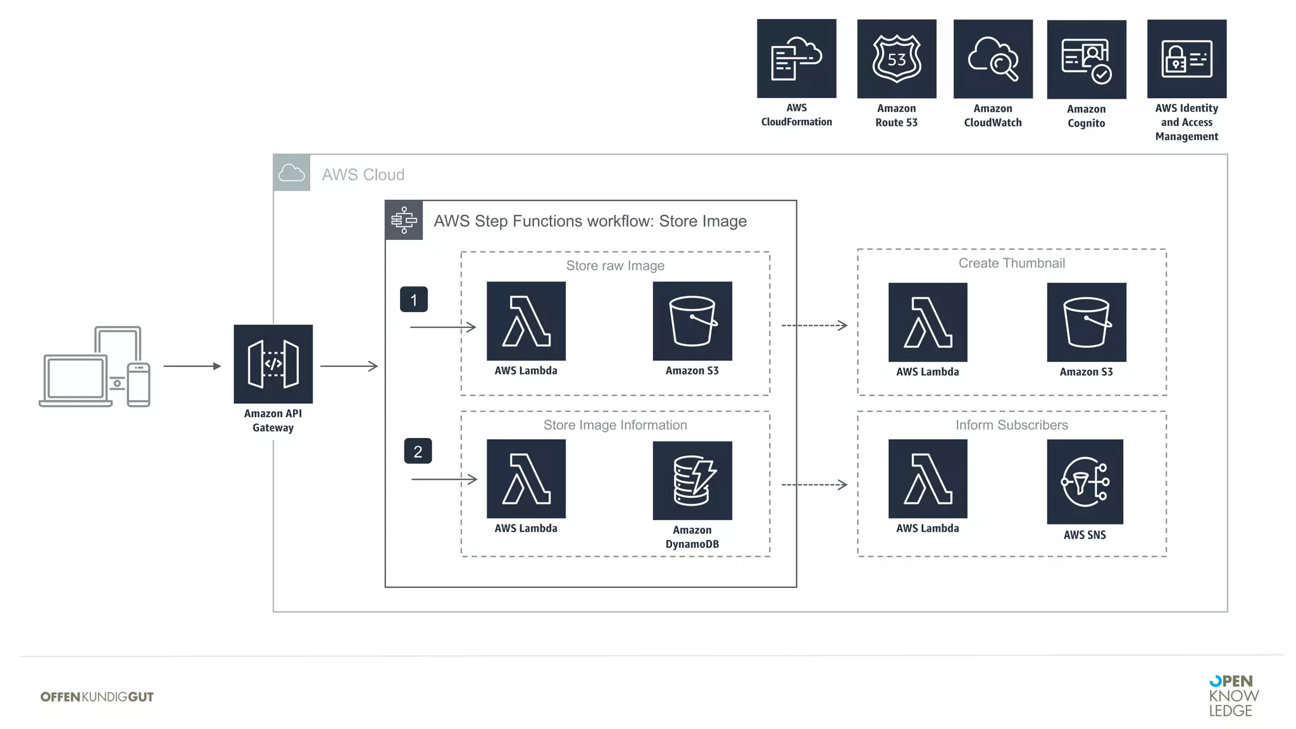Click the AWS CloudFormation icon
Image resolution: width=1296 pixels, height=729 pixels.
(x=796, y=58)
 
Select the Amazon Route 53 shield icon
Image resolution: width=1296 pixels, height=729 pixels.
(x=896, y=59)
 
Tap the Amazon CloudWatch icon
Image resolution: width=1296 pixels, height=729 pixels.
(x=992, y=59)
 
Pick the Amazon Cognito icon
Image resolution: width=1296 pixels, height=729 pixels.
(x=1086, y=59)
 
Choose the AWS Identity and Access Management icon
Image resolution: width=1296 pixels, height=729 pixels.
(x=1186, y=59)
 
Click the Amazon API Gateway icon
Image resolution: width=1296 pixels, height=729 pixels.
(x=273, y=364)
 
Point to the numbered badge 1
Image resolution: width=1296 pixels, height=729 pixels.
(x=413, y=299)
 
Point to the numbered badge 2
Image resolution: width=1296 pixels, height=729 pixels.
(x=418, y=451)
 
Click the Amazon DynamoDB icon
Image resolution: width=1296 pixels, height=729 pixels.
(x=692, y=480)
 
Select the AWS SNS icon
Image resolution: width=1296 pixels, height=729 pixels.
(x=1085, y=482)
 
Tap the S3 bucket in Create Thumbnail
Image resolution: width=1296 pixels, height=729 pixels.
(x=1086, y=322)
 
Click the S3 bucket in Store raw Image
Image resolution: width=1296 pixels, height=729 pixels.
(x=692, y=321)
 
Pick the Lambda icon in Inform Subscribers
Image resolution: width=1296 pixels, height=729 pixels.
(x=927, y=479)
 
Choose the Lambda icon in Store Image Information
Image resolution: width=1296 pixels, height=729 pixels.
(x=526, y=479)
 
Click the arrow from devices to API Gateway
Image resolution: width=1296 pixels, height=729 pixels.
(x=192, y=366)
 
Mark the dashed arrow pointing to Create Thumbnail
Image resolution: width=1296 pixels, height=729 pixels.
(x=814, y=325)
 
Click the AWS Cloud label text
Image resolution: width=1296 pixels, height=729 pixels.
(x=363, y=175)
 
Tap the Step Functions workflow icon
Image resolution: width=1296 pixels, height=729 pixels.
(x=404, y=220)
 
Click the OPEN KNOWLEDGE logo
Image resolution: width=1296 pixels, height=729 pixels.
(x=1233, y=695)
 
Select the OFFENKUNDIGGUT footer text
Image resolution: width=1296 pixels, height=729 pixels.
(x=97, y=697)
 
